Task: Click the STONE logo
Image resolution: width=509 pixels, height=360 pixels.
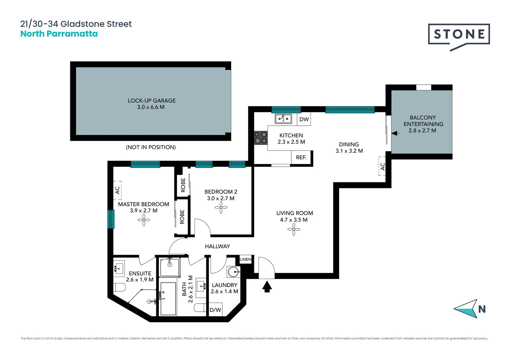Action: tap(459, 35)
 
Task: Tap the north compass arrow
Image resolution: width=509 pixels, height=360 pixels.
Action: tap(466, 309)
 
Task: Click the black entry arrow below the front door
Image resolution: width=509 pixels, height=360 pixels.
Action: tap(267, 287)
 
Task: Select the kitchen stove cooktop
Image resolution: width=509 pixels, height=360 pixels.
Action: tap(261, 138)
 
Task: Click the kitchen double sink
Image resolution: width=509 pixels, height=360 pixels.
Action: tap(283, 119)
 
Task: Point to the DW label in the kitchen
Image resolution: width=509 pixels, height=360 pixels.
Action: tap(304, 119)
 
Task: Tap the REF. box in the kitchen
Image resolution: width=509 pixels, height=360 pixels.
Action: tap(301, 157)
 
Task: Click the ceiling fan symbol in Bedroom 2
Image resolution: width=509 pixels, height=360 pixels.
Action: tap(221, 208)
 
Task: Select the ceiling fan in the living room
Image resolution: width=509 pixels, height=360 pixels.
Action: tap(294, 229)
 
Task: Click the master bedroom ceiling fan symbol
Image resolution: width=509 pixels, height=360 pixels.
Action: tap(144, 220)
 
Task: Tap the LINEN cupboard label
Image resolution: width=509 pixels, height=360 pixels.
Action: tap(246, 259)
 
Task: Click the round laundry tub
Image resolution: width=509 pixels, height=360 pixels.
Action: tap(234, 272)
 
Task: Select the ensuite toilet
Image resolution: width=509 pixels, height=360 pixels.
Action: tap(120, 287)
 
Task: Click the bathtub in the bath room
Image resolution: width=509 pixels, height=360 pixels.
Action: tap(168, 299)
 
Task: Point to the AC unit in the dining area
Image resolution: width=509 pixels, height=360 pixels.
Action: tap(382, 166)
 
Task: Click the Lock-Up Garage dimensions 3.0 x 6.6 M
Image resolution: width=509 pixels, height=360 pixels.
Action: tap(151, 107)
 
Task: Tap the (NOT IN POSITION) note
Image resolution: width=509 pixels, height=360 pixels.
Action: tap(151, 147)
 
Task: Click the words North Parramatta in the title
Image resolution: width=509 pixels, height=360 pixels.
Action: tap(59, 34)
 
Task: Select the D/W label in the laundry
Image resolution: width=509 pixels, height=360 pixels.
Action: tap(215, 310)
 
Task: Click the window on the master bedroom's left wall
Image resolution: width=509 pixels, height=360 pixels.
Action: tap(111, 219)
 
